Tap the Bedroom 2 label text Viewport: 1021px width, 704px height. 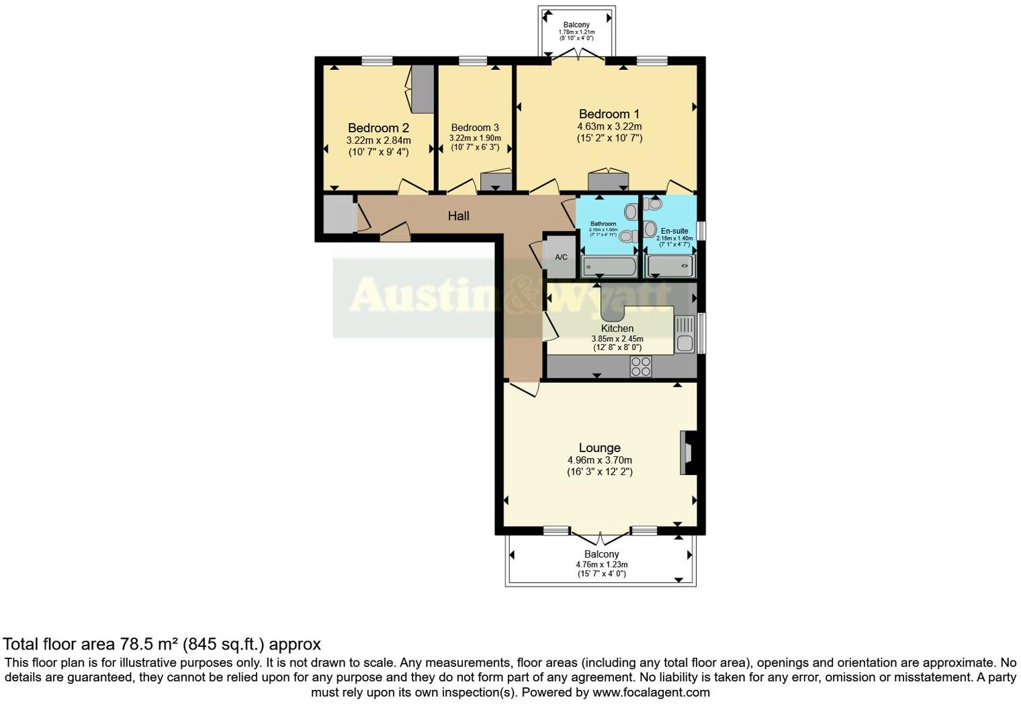378,128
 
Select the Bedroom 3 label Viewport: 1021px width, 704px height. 475,128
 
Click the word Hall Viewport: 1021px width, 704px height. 459,216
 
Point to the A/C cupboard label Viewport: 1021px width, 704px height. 561,257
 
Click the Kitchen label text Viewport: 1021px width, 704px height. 617,328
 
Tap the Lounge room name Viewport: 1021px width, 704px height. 599,447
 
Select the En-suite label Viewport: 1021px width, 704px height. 674,230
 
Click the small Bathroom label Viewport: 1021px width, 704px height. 603,224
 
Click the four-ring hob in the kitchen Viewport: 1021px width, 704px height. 641,366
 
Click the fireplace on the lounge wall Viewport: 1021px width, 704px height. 689,453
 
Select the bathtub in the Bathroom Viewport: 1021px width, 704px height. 609,267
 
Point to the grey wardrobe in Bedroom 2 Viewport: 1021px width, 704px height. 423,89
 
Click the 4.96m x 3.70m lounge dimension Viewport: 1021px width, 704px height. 599,460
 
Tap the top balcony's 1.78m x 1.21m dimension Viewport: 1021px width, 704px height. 576,32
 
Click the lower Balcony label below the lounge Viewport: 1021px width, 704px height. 601,554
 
